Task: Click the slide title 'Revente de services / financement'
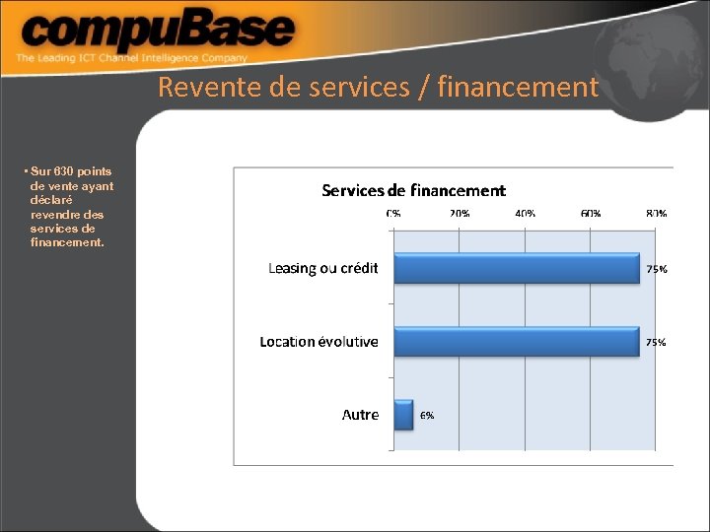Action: pos(378,88)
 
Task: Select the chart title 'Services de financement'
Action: pos(413,190)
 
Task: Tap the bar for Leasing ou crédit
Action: pos(517,268)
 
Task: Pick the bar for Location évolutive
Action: pos(517,342)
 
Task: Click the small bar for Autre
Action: pos(403,415)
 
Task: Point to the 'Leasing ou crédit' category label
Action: pos(322,269)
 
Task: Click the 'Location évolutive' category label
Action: pos(319,342)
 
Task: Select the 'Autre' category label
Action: pos(360,415)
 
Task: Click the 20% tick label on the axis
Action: pos(460,213)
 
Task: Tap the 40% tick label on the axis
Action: pos(525,213)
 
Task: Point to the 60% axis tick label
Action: pos(591,213)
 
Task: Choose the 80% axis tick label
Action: pos(656,213)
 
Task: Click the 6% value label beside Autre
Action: pos(427,416)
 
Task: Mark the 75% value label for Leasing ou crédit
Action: pos(656,269)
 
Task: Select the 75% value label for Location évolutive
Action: pos(656,343)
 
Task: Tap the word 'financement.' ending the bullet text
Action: pos(67,241)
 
